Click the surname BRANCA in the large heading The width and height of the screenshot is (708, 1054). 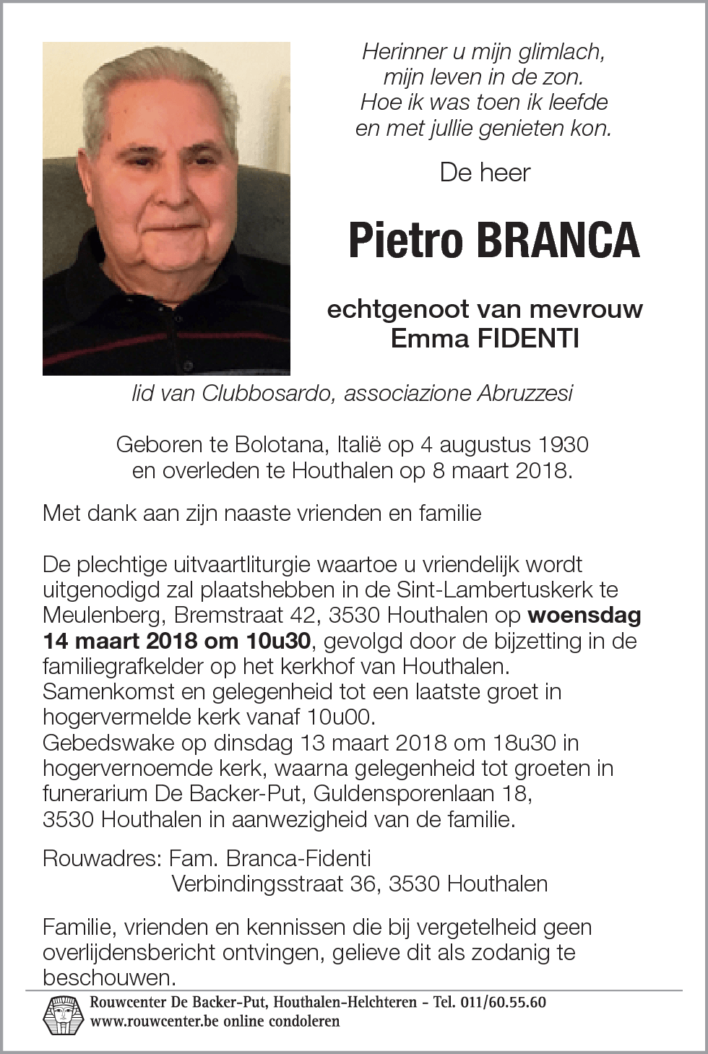click(557, 241)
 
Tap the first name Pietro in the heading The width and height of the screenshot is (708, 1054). click(405, 241)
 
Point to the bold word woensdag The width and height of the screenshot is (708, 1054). click(584, 615)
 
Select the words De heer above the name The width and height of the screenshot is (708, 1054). click(485, 173)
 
